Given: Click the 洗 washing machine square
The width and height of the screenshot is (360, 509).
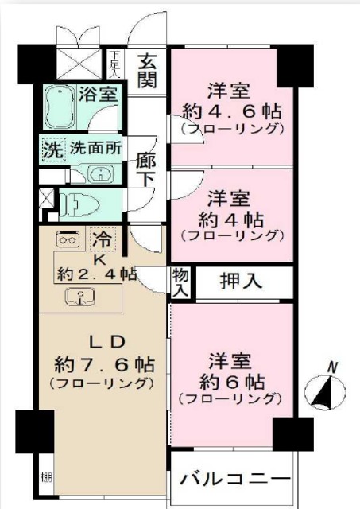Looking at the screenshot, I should [x=52, y=149].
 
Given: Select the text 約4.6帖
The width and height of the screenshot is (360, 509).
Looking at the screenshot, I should [x=230, y=110].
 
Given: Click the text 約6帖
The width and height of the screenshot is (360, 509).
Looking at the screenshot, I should [x=230, y=379].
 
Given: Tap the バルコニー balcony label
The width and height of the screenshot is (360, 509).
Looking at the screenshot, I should [x=234, y=480].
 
